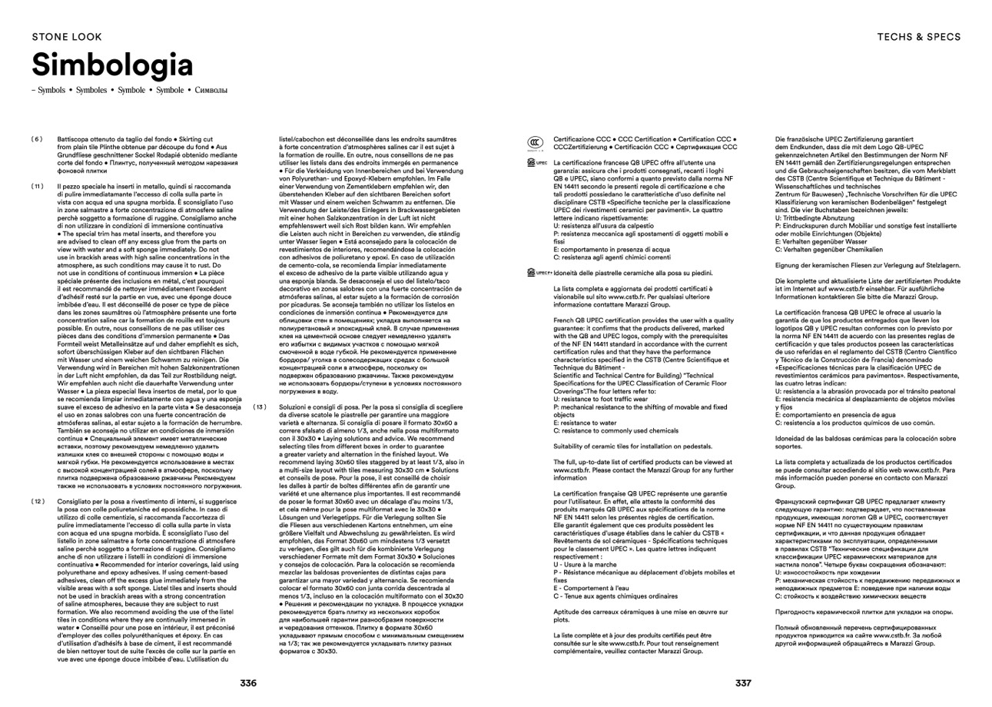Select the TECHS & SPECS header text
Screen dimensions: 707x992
[918, 36]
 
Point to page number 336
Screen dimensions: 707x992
[248, 682]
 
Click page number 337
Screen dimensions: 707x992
[742, 682]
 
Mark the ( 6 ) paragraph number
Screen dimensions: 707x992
[36, 138]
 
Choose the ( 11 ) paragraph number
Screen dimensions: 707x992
[36, 186]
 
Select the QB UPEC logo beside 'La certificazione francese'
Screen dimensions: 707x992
[535, 162]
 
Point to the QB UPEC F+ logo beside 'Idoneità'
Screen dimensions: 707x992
[537, 272]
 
